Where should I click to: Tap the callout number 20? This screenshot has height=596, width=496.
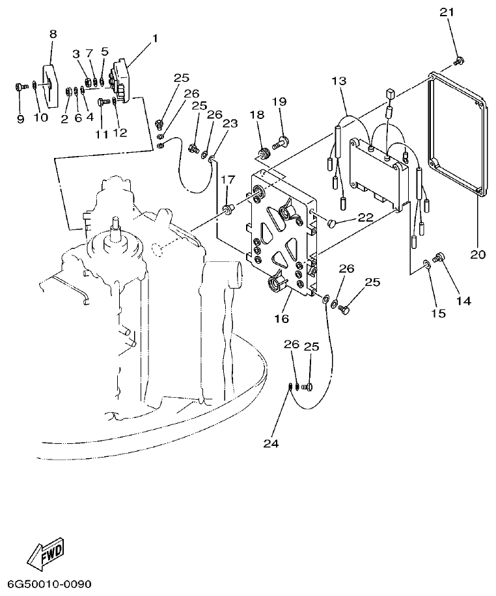click(478, 255)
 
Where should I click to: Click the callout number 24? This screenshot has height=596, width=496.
click(271, 443)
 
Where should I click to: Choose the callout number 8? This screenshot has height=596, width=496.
click(53, 34)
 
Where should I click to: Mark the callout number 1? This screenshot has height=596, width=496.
click(154, 38)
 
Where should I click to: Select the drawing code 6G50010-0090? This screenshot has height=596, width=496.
click(50, 583)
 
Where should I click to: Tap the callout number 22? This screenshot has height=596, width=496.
click(365, 218)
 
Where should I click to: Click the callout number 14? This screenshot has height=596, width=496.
click(463, 301)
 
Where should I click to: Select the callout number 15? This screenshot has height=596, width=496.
click(438, 313)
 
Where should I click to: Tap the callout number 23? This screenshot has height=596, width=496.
click(230, 122)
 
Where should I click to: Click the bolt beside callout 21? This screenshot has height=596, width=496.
click(460, 61)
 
